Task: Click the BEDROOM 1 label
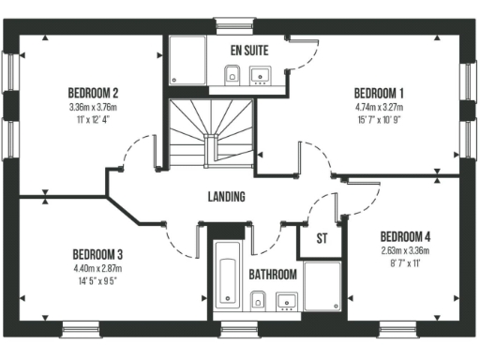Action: tap(379, 93)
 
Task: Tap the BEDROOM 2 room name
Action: tap(93, 93)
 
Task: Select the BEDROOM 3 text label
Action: tap(98, 254)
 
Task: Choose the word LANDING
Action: tap(227, 197)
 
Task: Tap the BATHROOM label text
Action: tap(273, 275)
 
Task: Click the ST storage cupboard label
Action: tap(322, 238)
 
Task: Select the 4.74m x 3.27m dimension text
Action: tap(379, 108)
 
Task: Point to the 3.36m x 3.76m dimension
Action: tap(93, 108)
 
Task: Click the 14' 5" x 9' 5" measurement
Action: tap(98, 279)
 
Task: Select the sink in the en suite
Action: tap(262, 75)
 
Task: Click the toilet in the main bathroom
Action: tap(259, 300)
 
